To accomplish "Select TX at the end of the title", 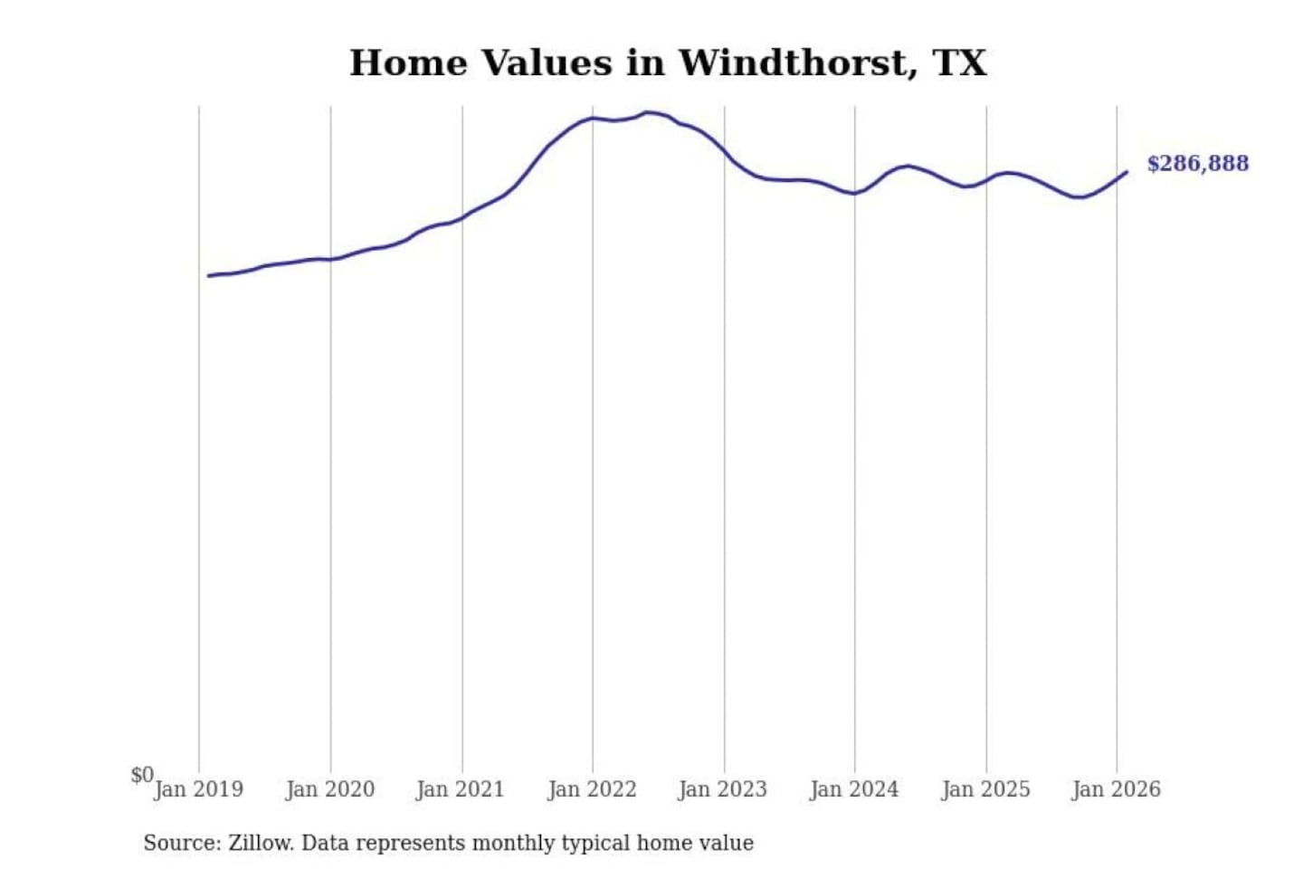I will coord(959,63).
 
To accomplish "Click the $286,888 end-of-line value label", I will coord(1197,164).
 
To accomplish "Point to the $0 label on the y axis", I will coord(142,775).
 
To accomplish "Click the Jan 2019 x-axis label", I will coord(198,789).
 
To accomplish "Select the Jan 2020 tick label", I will coord(330,789).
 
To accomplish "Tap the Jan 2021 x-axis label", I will coord(461,789).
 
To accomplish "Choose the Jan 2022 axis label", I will coord(593,789).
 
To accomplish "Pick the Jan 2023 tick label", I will coord(723,789).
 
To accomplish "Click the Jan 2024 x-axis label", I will coord(854,789).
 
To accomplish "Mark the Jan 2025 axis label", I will coord(985,789).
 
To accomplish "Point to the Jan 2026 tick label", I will coord(1116,789).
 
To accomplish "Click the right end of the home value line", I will coord(1127,172).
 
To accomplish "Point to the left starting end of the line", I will coord(209,275).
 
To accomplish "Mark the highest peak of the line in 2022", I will coord(648,113).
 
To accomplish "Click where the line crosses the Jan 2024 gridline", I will coord(854,193).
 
